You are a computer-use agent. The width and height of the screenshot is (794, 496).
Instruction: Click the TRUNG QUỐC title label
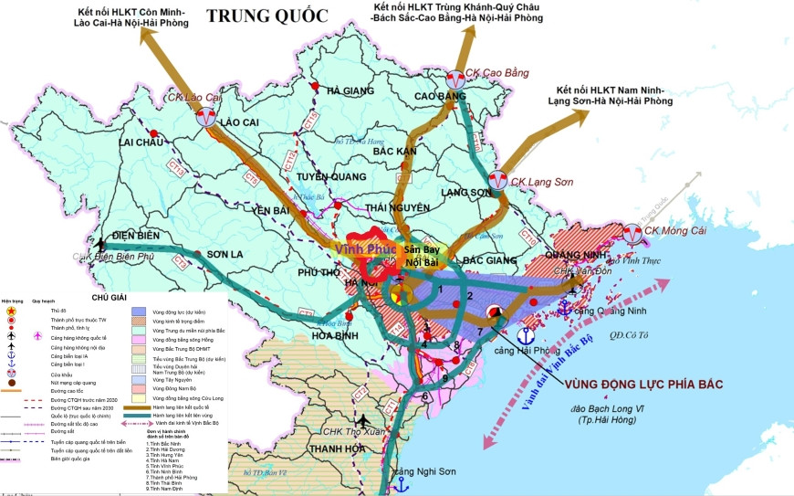tap(266, 15)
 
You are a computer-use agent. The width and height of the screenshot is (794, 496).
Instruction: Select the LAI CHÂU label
tap(141, 142)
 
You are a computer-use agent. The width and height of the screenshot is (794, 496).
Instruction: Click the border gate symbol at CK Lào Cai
tap(208, 117)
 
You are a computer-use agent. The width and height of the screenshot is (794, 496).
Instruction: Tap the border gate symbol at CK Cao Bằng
tap(454, 79)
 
